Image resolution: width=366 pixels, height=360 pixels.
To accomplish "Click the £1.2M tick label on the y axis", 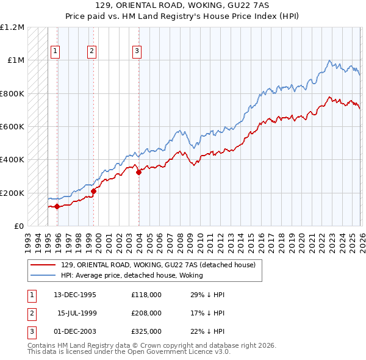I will click(x=12, y=27).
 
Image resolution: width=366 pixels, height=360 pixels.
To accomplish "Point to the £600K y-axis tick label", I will click(x=12, y=127).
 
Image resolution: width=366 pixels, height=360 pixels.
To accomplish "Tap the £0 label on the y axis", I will click(x=18, y=226).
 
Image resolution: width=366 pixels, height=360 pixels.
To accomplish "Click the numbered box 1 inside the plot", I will click(x=56, y=52).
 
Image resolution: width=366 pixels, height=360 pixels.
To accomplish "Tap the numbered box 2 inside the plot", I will click(x=91, y=52).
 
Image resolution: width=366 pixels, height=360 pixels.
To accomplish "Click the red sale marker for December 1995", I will click(x=57, y=206).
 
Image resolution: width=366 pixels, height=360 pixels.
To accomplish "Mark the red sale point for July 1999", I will click(x=93, y=192).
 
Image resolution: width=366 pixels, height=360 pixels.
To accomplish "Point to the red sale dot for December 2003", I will click(x=138, y=172).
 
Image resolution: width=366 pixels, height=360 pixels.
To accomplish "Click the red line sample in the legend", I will click(x=43, y=265).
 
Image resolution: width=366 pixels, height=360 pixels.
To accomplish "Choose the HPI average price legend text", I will click(x=132, y=275).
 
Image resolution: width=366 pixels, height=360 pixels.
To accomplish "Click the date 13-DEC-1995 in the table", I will click(x=75, y=295).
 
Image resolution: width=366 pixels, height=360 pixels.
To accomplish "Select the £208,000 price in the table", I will click(x=146, y=313).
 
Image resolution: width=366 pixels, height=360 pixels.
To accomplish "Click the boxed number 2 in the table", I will click(x=31, y=313).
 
